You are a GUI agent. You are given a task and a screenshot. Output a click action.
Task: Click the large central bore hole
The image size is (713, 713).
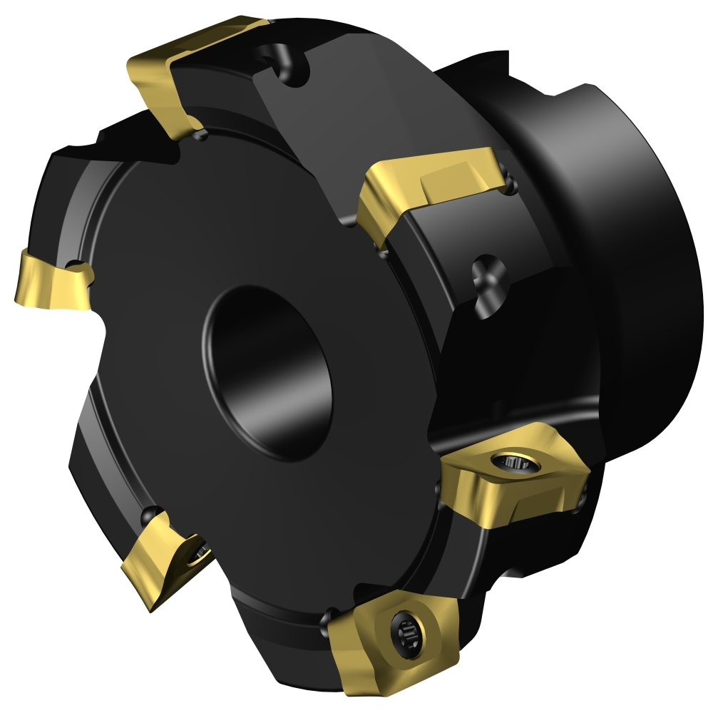point(267,371)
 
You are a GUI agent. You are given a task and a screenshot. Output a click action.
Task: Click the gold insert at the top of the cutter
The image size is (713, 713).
point(189,71)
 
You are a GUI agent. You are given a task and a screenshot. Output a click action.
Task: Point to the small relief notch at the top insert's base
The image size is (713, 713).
point(197,132)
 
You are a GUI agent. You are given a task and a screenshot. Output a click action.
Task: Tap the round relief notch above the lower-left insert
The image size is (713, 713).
point(150,513)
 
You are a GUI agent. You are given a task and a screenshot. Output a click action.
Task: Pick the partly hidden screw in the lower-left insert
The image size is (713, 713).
point(200,550)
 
